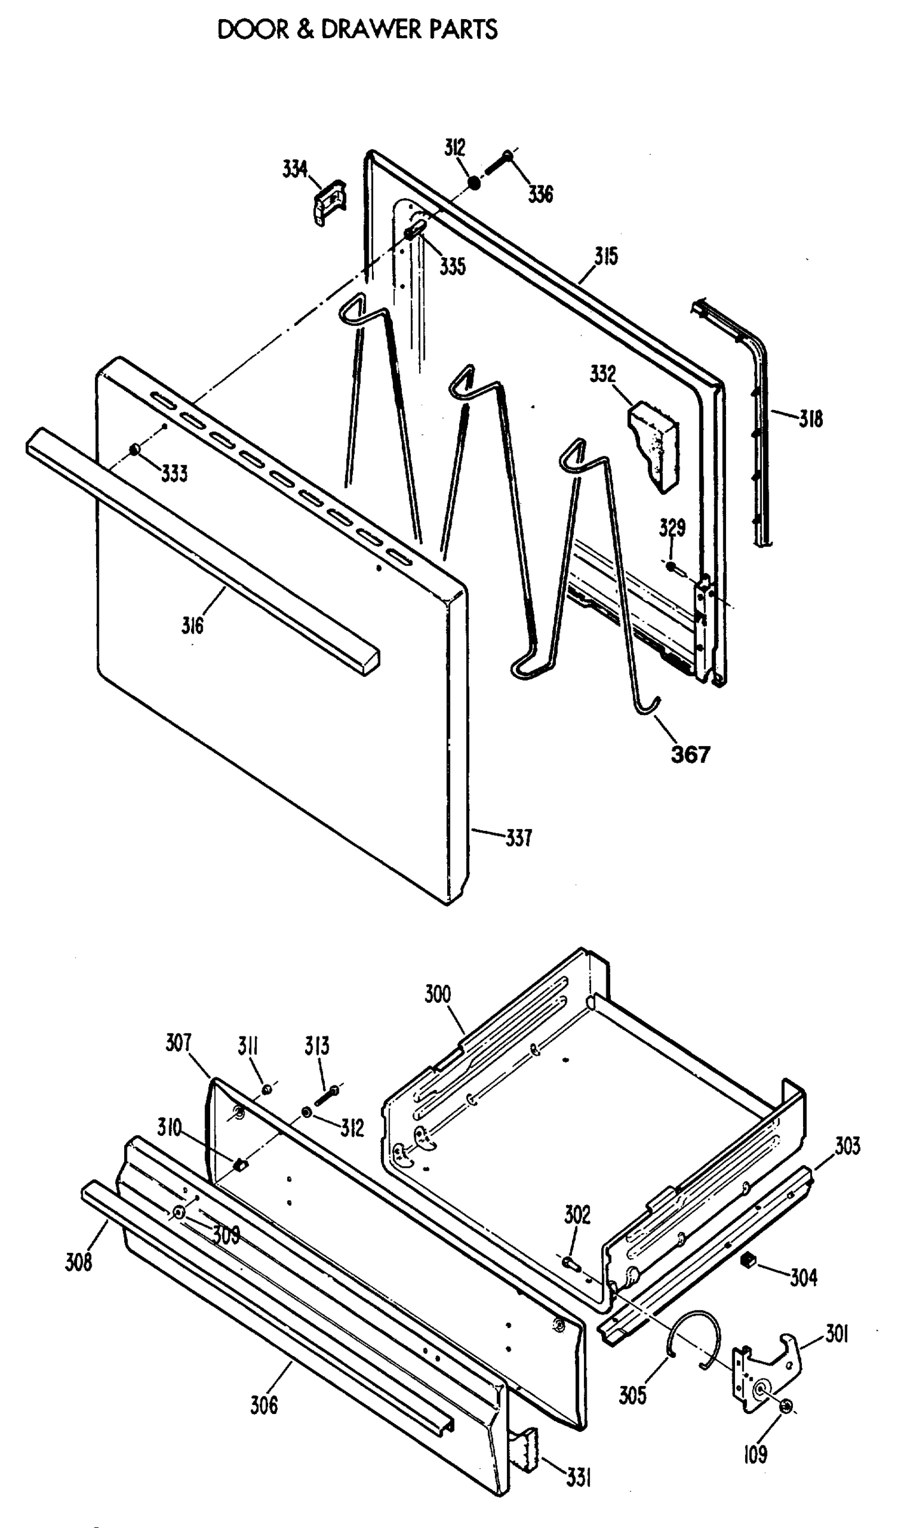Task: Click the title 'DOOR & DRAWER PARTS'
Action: coord(357,30)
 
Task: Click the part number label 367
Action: coord(690,754)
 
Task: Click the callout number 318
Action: coord(811,420)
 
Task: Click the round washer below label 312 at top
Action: coord(474,183)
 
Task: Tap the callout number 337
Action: coord(518,838)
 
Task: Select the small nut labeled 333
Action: coord(134,450)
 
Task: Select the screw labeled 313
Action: coord(325,1098)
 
